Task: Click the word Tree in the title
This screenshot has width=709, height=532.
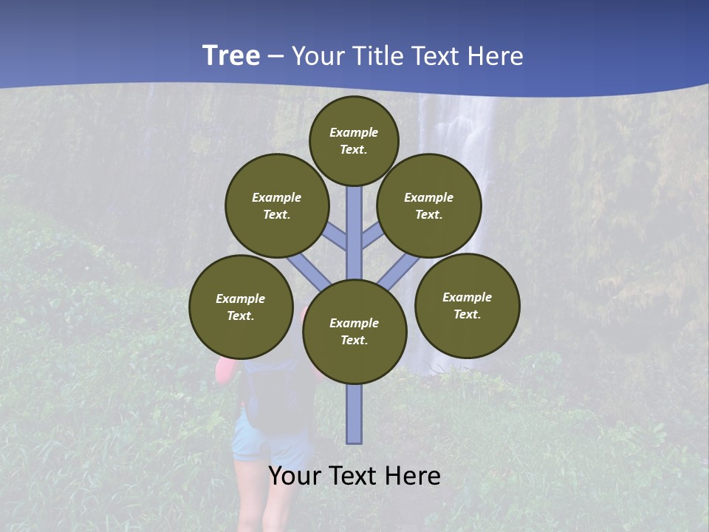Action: pos(230,56)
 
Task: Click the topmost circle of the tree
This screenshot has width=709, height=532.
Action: pos(354,140)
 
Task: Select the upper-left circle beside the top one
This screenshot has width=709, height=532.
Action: pos(277,205)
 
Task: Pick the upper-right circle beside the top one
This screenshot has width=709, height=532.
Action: pos(429,205)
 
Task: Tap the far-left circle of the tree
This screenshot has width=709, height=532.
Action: pos(241,307)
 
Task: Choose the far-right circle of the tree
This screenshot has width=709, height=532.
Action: pos(467,305)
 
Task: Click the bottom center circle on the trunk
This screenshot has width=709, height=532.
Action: pos(354,331)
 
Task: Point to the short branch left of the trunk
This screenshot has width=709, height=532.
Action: pos(336,235)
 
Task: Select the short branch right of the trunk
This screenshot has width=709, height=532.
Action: pos(372,235)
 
